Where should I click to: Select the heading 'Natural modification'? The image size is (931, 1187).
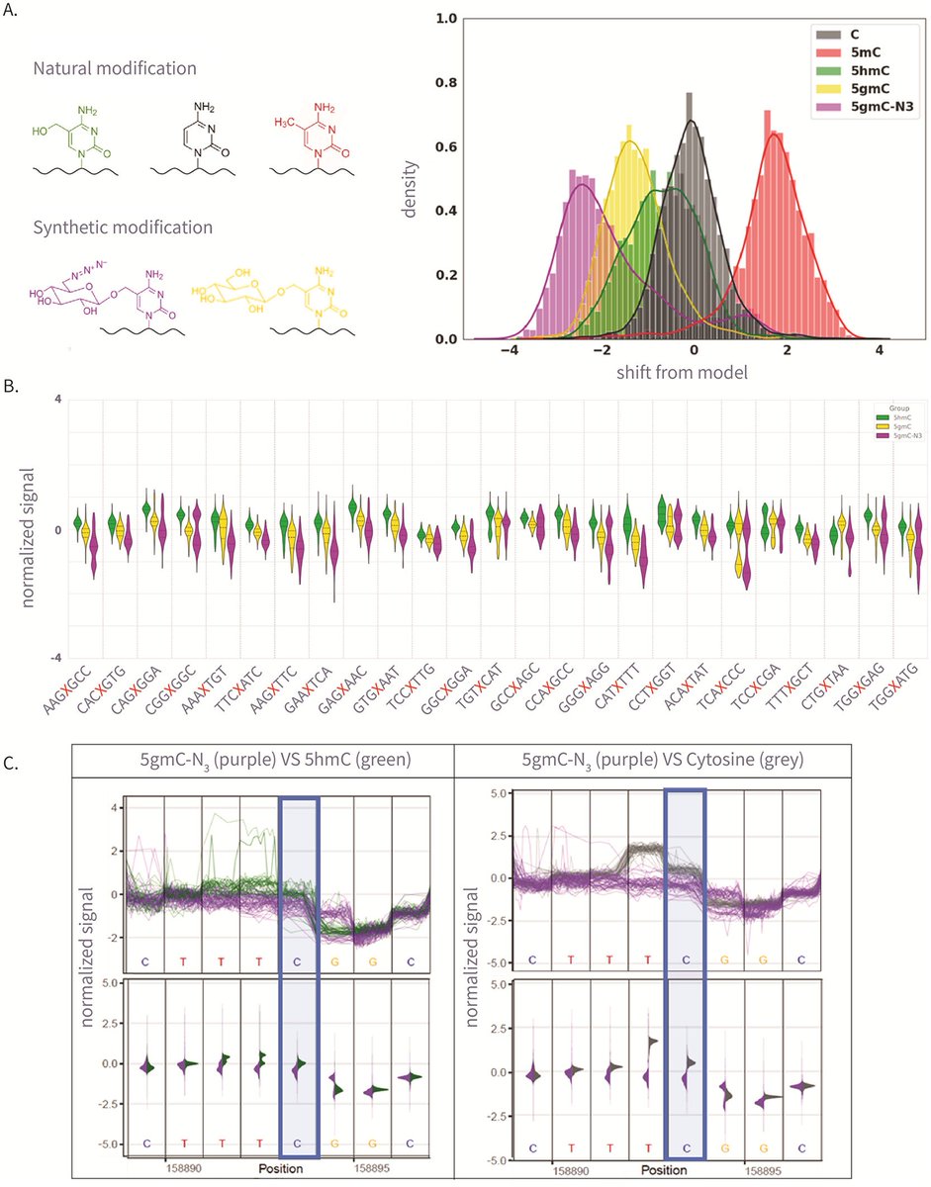click(x=114, y=69)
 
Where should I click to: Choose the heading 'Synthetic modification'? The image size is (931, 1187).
click(x=122, y=227)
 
